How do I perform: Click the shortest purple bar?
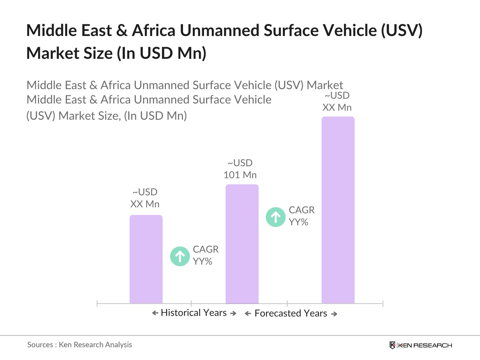click(x=146, y=259)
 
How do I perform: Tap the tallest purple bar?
click(x=338, y=210)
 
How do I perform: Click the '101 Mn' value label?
click(x=240, y=175)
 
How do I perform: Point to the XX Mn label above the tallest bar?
click(x=337, y=107)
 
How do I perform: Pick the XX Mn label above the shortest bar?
click(x=145, y=204)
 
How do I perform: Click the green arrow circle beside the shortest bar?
click(x=180, y=256)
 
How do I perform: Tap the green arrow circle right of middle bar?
click(x=275, y=217)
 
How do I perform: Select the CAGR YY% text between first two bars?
click(x=205, y=255)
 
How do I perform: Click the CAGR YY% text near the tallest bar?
click(x=301, y=216)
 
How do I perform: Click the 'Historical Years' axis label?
click(x=193, y=313)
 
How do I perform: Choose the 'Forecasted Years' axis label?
click(x=290, y=313)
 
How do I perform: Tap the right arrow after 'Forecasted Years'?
click(x=334, y=314)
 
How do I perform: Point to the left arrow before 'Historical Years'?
click(x=155, y=313)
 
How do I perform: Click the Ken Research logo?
click(x=421, y=345)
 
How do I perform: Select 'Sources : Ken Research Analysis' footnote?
click(x=79, y=345)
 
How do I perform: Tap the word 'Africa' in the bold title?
click(x=154, y=30)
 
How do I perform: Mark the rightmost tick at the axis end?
click(x=383, y=303)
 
